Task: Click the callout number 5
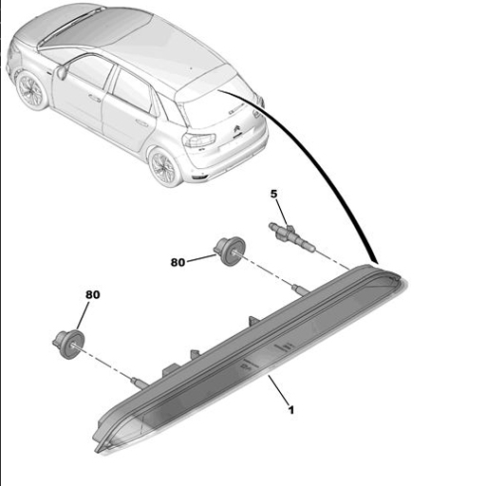274,194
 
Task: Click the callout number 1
291,410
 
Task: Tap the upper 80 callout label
177,263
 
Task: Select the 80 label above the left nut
92,295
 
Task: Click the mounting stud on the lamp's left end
139,382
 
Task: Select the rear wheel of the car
163,167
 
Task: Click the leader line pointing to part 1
279,392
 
